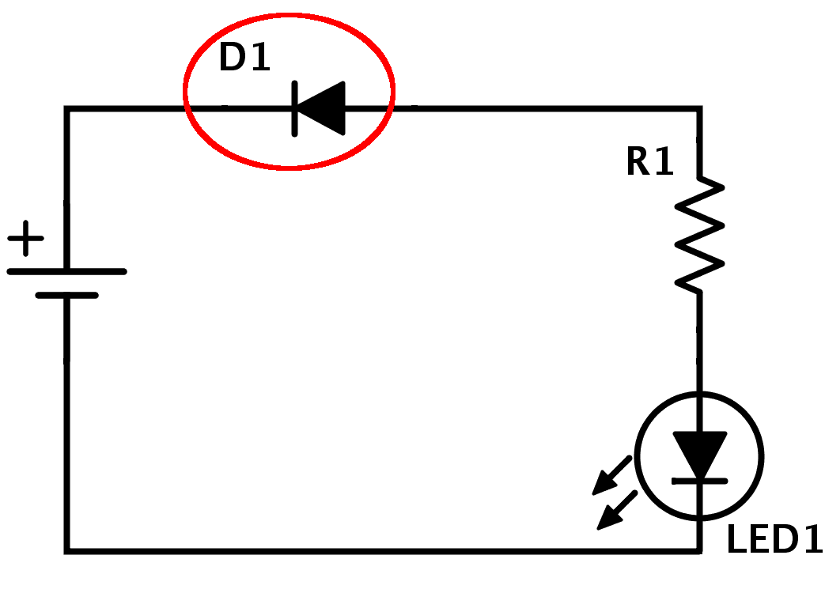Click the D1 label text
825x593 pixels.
tap(244, 59)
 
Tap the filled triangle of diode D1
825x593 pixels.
tap(324, 108)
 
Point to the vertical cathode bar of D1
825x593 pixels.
tap(295, 108)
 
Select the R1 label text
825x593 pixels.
tap(649, 162)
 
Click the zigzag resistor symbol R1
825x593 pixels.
tap(699, 234)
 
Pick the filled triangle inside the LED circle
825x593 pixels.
tap(699, 451)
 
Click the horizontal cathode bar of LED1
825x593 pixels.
tap(699, 480)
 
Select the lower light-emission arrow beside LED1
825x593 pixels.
tap(616, 510)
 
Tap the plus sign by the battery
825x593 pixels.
tap(26, 238)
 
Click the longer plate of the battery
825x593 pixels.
tap(66, 271)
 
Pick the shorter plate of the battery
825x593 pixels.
tap(66, 296)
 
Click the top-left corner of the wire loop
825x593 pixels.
tap(67, 108)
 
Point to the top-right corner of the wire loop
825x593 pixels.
tap(699, 108)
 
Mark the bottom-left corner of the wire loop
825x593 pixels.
tap(67, 550)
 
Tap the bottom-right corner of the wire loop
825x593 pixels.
tap(699, 550)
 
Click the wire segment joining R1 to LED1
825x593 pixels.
tap(699, 340)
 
